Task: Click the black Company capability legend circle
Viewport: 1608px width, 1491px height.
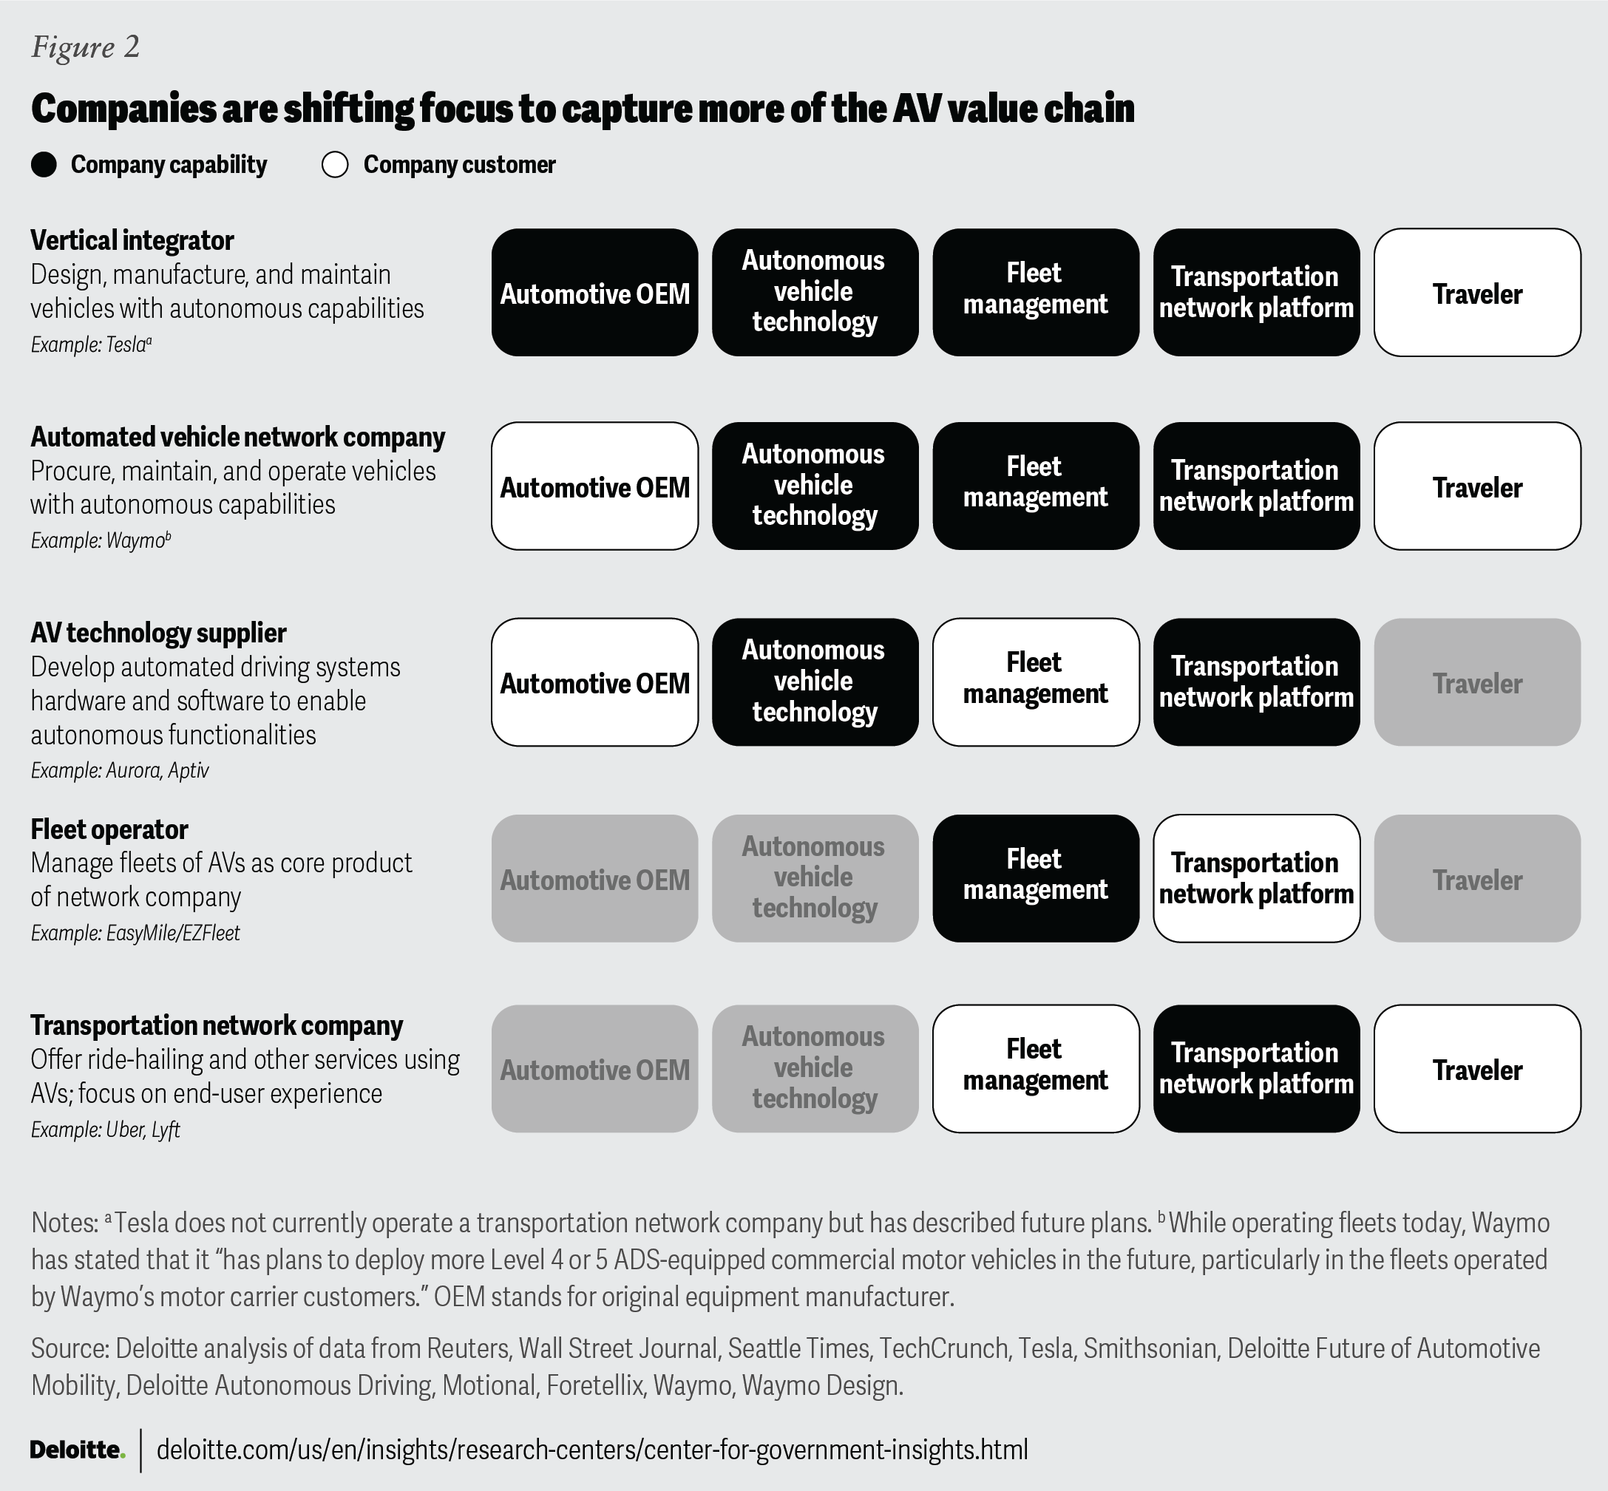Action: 44,165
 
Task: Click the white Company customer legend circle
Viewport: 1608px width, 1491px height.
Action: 335,165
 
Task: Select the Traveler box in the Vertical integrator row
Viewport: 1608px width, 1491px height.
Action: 1476,293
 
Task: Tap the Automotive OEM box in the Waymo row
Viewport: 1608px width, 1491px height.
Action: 594,486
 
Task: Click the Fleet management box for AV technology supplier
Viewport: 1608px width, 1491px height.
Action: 1035,682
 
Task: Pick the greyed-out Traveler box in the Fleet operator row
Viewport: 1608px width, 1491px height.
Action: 1476,879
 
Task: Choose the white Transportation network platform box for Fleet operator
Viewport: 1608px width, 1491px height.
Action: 1256,879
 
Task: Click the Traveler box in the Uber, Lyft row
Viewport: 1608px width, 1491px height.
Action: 1476,1069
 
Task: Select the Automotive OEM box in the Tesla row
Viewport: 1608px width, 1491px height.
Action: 594,293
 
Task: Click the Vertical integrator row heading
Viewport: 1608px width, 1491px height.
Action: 132,240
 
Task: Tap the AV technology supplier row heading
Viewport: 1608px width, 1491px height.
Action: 159,634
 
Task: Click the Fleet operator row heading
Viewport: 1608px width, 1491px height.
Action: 109,829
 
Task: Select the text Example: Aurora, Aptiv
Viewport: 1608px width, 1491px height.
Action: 121,770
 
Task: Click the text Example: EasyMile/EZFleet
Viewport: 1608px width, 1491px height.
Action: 135,934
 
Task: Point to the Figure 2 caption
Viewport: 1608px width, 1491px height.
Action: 86,47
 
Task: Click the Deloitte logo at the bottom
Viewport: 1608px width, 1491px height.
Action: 78,1450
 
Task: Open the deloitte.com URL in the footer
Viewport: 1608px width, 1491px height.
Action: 592,1450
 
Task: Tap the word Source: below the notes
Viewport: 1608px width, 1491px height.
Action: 70,1348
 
